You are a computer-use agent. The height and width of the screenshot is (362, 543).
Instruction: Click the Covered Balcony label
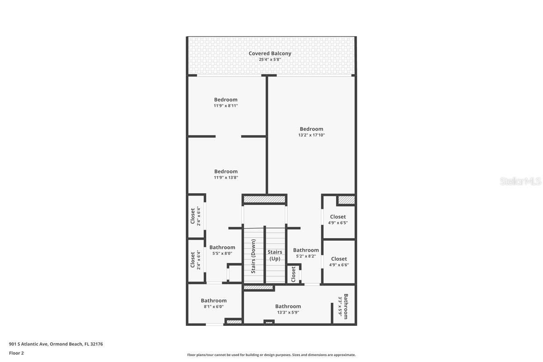point(270,53)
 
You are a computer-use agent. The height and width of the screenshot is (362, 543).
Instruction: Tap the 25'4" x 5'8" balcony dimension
point(270,60)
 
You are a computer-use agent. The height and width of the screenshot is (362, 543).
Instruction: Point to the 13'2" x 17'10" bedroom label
point(311,132)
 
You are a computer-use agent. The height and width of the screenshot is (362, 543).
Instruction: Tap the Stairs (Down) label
point(253,257)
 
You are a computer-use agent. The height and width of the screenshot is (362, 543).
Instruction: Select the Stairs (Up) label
point(275,255)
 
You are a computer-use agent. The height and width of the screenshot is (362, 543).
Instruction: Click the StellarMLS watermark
point(520,181)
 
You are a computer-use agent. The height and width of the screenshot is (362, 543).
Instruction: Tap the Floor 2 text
point(16,353)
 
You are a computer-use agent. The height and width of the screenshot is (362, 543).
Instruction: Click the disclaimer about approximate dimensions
point(271,355)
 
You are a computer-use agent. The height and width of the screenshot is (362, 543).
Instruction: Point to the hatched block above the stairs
point(264,199)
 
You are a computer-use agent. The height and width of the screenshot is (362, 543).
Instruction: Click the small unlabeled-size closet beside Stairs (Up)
point(293,274)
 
